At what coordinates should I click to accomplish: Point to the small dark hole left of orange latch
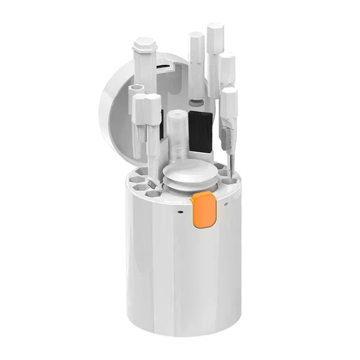click(179, 213)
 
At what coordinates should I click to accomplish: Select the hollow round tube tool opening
click(137, 89)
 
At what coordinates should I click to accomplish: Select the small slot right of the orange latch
click(225, 204)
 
